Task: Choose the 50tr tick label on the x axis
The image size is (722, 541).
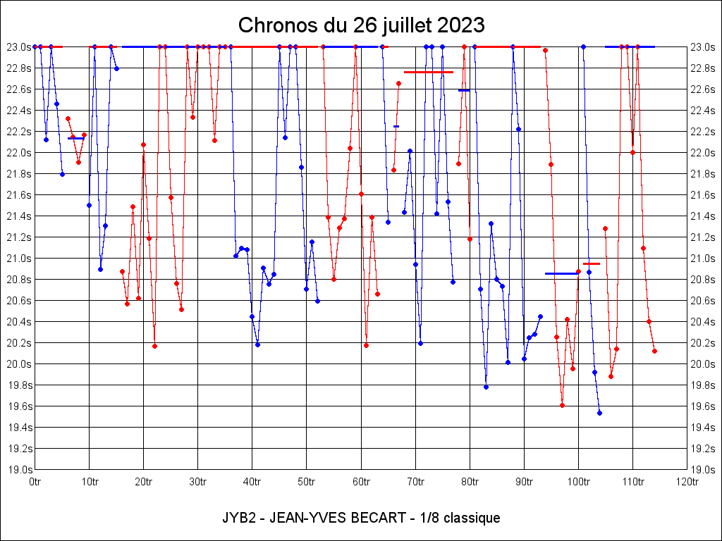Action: [x=306, y=482]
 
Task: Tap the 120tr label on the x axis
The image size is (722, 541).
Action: [x=686, y=482]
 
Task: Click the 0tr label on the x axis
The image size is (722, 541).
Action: [x=35, y=482]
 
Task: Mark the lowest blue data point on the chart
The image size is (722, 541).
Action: [x=599, y=413]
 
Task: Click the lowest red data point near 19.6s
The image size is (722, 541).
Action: [x=562, y=405]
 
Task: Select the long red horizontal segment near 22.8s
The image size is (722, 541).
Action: [x=428, y=72]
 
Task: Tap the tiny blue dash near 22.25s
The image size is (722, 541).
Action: [x=396, y=126]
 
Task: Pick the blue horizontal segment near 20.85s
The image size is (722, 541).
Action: [x=561, y=273]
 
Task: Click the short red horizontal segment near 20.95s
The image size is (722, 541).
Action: [x=592, y=263]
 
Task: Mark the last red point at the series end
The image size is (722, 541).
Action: [x=654, y=351]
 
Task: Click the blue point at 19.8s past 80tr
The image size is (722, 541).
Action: [x=486, y=387]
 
